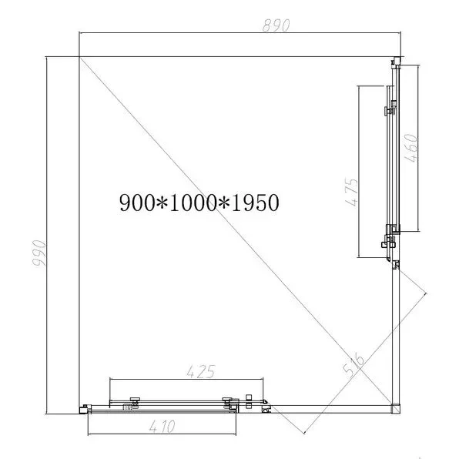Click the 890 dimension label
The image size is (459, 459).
(276, 25)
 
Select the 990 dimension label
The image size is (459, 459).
(39, 253)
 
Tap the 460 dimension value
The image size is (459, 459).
(410, 148)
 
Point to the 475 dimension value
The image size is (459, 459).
(351, 192)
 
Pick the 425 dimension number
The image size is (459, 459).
(201, 371)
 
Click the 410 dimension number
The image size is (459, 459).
(162, 426)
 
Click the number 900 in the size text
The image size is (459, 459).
(137, 203)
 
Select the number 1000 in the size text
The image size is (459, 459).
(193, 203)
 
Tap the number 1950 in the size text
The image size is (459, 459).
(255, 203)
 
